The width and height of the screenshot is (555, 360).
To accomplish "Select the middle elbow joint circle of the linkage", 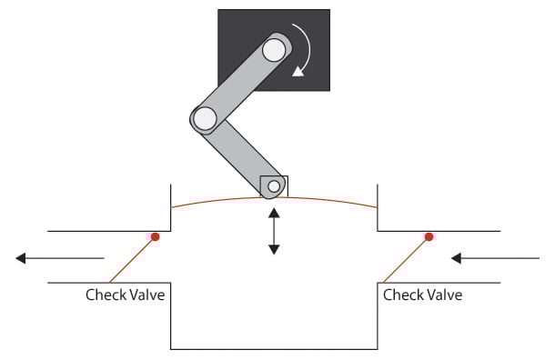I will (204, 117).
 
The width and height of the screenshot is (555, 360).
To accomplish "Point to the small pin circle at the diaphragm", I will (273, 186).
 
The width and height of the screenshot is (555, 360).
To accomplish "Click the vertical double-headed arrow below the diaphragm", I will (274, 231).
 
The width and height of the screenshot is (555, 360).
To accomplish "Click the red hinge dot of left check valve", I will (155, 237).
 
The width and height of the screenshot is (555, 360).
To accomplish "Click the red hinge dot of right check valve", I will (428, 237).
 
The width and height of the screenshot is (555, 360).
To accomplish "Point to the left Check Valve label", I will (126, 295).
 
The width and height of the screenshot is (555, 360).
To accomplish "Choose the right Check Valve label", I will (423, 295).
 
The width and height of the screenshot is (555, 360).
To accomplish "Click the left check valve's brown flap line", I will (133, 258).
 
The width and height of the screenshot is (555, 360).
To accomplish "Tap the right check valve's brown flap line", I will (406, 258).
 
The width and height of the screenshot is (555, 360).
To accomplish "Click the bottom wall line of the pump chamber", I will (274, 348).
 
